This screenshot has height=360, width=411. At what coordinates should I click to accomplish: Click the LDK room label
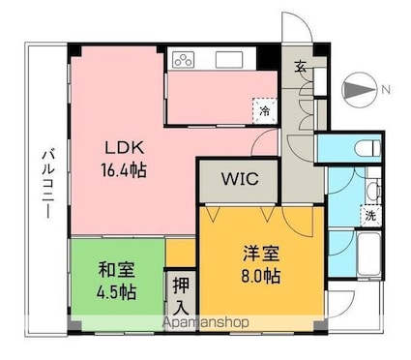tap(125, 148)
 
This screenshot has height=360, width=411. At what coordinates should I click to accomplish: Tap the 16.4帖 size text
tap(125, 169)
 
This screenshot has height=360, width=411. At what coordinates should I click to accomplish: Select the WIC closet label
tap(240, 178)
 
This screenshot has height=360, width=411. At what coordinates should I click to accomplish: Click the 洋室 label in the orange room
tap(261, 254)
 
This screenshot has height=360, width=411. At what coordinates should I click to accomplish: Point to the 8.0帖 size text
tap(261, 276)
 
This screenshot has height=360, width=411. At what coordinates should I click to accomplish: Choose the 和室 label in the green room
tap(116, 269)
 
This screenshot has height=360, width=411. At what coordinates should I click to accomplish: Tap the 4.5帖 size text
tap(116, 292)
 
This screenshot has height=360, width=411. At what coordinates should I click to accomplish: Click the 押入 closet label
tap(181, 296)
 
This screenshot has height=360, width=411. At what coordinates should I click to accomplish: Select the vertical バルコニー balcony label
tap(48, 183)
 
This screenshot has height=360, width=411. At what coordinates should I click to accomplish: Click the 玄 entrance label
tap(300, 67)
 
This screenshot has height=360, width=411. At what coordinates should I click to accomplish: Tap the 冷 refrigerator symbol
tap(265, 111)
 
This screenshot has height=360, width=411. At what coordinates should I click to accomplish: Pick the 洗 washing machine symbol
tap(370, 216)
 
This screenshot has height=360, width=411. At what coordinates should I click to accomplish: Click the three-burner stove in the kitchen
tap(184, 60)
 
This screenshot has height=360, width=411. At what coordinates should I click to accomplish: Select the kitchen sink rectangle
tap(229, 60)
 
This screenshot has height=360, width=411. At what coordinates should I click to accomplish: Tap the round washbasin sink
tap(373, 190)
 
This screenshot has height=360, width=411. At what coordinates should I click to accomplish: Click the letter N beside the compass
tap(386, 89)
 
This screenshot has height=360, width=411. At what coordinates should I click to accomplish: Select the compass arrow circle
tap(359, 89)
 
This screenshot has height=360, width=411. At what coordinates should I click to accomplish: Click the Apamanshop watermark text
tap(206, 322)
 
